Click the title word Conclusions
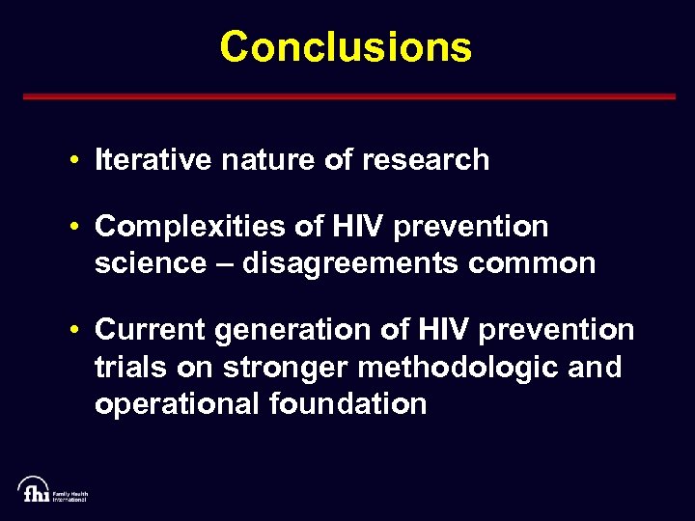click(x=346, y=46)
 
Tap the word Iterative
click(x=153, y=159)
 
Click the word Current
click(x=150, y=330)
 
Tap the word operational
click(x=173, y=403)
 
